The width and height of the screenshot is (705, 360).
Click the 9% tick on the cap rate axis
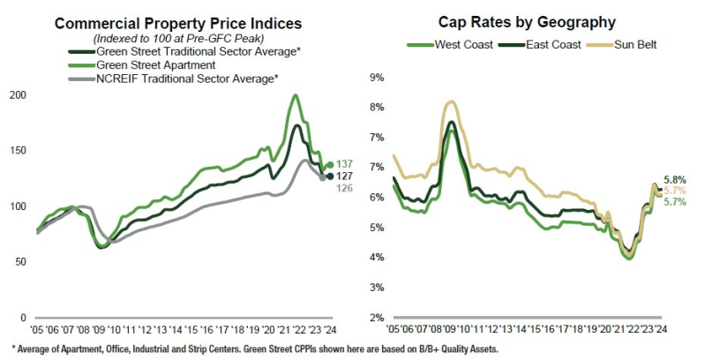pos(375,78)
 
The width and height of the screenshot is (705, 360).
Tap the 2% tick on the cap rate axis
pos(375,318)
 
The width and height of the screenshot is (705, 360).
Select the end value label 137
pos(346,164)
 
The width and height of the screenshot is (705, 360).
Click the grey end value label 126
pos(346,188)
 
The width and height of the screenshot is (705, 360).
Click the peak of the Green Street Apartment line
pos(295,95)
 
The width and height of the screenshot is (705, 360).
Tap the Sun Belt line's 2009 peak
pos(452,101)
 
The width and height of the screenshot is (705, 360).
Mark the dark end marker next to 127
pos(331,176)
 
